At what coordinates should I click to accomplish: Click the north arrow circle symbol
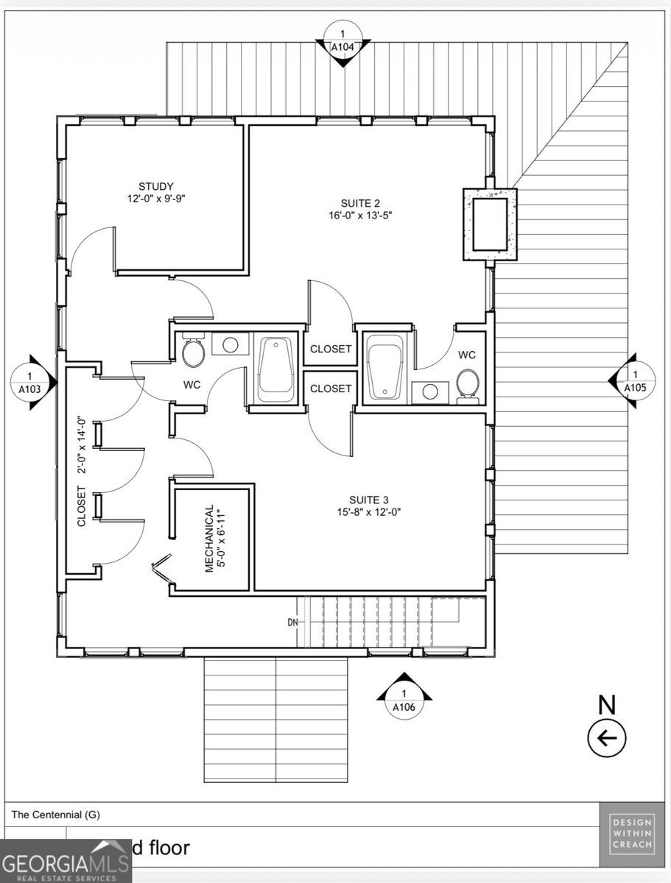tap(606, 737)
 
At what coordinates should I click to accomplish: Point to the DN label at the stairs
tap(293, 622)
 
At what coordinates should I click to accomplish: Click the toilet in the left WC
tap(194, 352)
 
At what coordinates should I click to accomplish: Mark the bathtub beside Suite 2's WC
tap(383, 366)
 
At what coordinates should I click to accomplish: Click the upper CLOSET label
tap(331, 349)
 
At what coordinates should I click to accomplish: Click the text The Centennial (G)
tap(55, 815)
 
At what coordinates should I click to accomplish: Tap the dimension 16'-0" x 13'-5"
tap(361, 216)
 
